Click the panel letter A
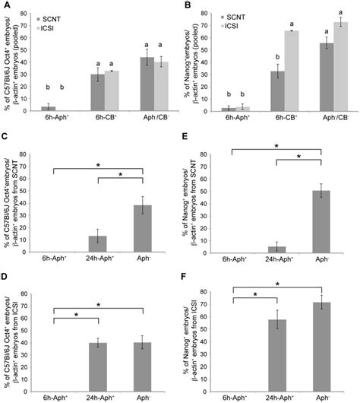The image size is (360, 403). [5, 5]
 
